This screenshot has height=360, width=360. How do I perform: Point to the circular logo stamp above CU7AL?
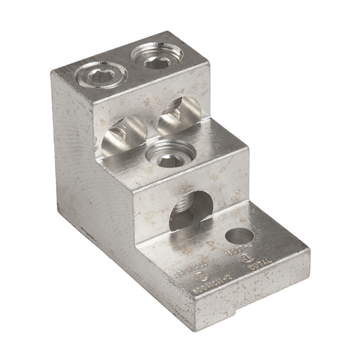pos(246,259)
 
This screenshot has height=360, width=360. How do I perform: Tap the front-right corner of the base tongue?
pos(308,248)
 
